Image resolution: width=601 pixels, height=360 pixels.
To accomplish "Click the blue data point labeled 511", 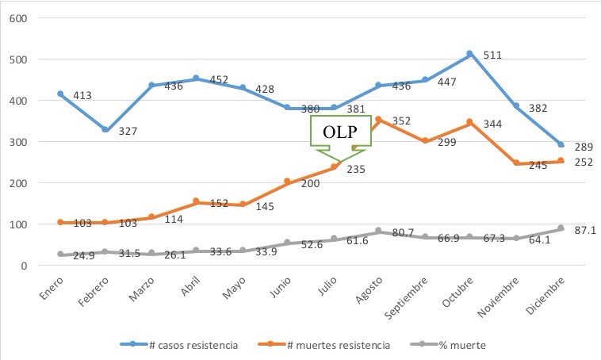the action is (469, 54).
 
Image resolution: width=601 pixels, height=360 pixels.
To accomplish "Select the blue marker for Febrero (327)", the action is (105, 130).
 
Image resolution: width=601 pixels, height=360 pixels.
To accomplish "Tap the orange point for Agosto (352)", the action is (378, 120).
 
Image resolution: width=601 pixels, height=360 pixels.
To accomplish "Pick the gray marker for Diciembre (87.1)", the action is (561, 228).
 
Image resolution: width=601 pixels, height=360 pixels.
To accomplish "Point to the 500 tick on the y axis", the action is (18, 59).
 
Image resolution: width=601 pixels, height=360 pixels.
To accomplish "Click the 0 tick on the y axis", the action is (24, 266).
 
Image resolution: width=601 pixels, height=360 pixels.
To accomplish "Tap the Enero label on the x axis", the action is (52, 288).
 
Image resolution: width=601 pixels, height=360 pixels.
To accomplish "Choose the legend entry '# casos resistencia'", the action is (179, 345).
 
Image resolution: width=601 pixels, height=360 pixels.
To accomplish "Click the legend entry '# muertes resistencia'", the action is (323, 345).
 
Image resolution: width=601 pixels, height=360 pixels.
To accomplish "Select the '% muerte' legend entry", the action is (448, 345).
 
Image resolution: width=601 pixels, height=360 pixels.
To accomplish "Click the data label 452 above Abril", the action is (220, 80).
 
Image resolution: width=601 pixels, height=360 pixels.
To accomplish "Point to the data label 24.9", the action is (84, 255).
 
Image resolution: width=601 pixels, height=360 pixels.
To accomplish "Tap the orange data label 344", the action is (492, 124).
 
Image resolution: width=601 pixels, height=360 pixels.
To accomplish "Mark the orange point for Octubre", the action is (469, 123).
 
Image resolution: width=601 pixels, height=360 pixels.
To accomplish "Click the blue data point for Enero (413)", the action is (60, 94).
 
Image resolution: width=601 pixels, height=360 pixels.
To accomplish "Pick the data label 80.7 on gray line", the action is (404, 232).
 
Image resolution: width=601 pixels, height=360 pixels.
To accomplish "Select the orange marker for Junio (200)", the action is (288, 182).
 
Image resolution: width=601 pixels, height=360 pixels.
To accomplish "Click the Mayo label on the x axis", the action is (234, 288).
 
